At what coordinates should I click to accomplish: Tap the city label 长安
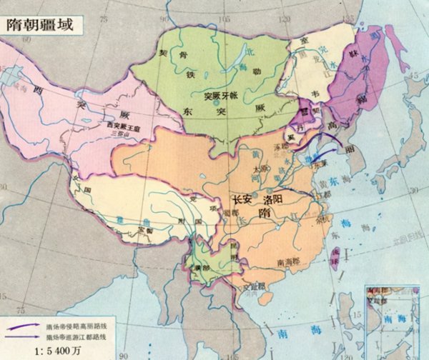244,201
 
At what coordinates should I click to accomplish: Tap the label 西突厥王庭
120,125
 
